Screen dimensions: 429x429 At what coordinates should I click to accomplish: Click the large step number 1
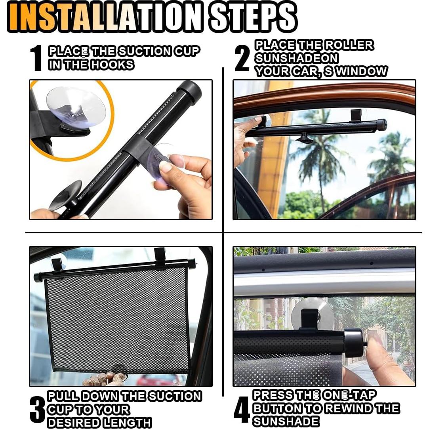tap(36, 58)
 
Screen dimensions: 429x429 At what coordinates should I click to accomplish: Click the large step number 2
tap(242, 58)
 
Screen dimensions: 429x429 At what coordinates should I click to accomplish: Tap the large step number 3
tap(36, 409)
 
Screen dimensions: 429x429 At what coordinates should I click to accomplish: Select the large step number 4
tap(242, 409)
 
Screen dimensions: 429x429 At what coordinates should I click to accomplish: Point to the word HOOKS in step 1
tap(112, 65)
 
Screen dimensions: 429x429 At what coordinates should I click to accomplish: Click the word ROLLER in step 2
tap(349, 45)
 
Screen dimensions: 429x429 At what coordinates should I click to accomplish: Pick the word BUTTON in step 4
tap(277, 408)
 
